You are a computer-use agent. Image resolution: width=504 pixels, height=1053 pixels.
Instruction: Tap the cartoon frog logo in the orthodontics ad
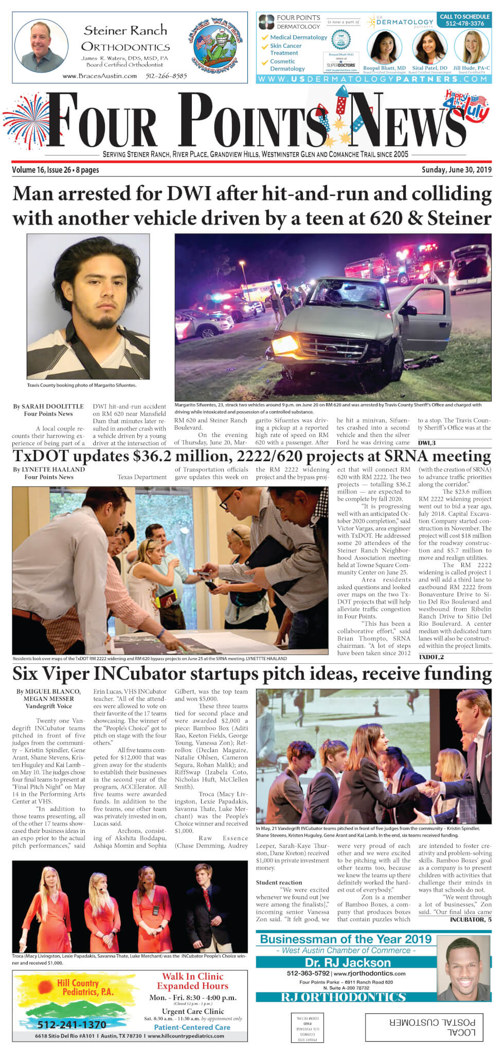pyautogui.click(x=214, y=45)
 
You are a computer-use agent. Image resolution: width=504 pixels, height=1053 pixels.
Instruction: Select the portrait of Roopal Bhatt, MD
pyautogui.click(x=384, y=47)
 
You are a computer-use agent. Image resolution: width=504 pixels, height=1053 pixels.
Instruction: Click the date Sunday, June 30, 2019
pyautogui.click(x=456, y=170)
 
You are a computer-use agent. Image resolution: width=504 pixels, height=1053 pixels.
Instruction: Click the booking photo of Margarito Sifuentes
pyautogui.click(x=88, y=306)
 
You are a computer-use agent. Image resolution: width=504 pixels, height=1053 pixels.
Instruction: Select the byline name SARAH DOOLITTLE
pyautogui.click(x=52, y=407)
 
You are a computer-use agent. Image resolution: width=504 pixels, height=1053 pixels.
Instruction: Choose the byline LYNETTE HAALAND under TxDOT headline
pyautogui.click(x=53, y=469)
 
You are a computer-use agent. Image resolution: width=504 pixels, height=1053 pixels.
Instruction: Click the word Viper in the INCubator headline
pyautogui.click(x=77, y=673)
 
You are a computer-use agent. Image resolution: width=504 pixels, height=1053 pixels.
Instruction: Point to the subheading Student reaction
pyautogui.click(x=279, y=883)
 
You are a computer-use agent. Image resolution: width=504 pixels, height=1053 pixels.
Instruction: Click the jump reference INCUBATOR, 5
pyautogui.click(x=470, y=919)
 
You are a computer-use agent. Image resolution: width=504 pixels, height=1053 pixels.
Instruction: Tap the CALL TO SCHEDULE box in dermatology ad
pyautogui.click(x=464, y=20)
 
